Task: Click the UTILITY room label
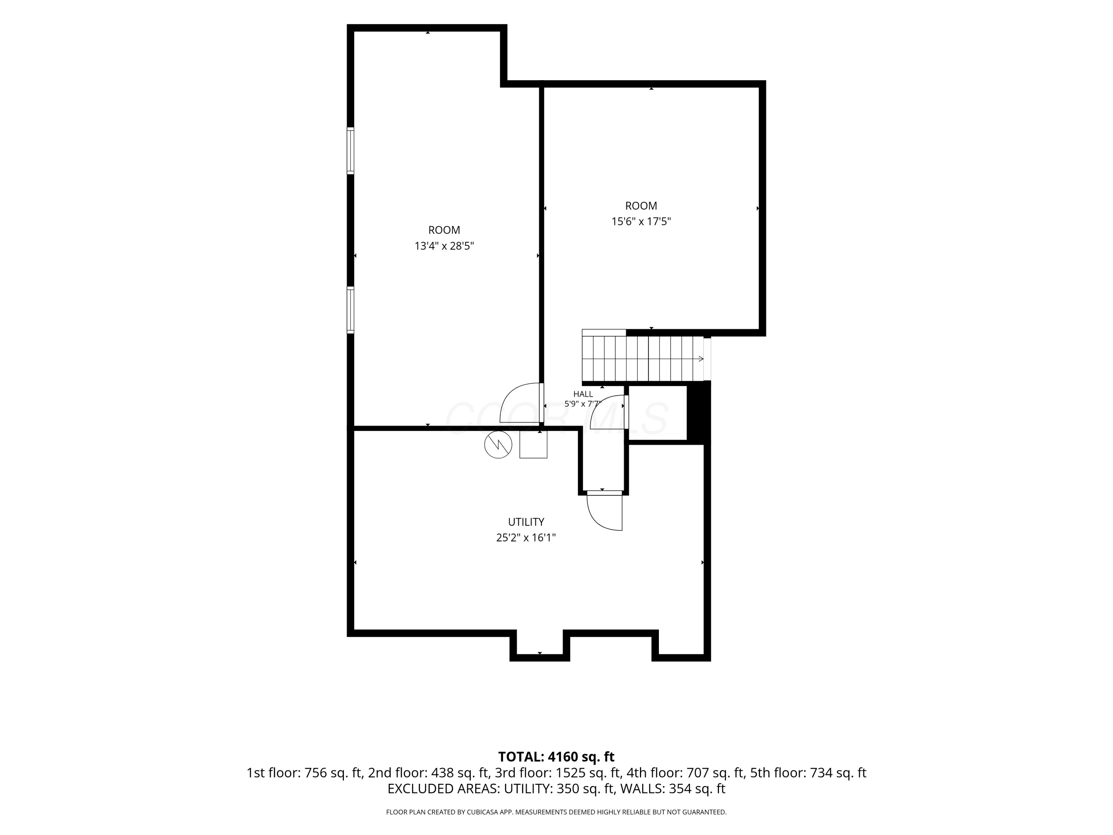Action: (526, 522)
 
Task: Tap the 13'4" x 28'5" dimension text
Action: (444, 246)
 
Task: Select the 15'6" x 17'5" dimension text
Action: (641, 222)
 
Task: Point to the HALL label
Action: (583, 394)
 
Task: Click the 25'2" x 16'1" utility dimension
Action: (526, 537)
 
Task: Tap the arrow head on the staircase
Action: (701, 359)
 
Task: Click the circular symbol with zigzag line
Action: (498, 445)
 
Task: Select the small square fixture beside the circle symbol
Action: (533, 445)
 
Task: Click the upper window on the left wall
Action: (350, 151)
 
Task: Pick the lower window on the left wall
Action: (350, 310)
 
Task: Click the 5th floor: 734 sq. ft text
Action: (808, 773)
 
